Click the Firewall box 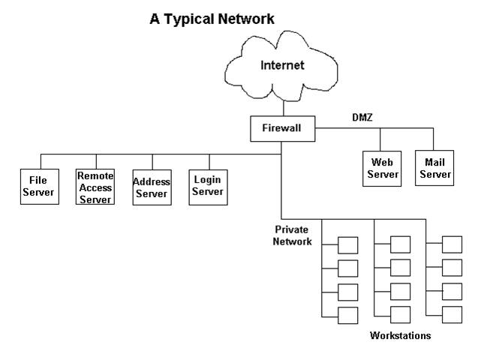281,128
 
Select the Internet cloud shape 282,66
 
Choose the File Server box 38,186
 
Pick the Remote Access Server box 95,187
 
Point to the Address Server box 152,187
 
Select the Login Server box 208,186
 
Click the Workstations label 401,336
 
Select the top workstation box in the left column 347,245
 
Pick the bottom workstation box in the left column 347,315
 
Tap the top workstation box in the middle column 400,244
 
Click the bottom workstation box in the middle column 400,314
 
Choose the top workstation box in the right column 452,244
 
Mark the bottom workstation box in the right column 452,314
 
